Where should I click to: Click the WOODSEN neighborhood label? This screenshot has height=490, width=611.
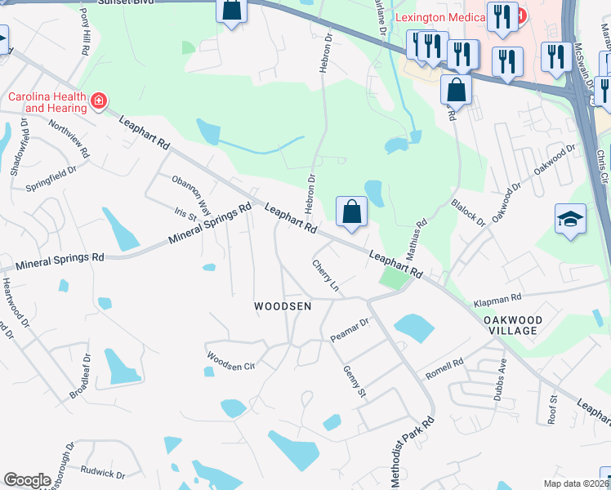pos(283,306)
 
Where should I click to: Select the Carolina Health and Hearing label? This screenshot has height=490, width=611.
pos(47,102)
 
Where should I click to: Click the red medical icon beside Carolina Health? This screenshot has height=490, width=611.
pos(99,101)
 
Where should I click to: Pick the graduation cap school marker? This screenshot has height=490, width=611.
pos(570,220)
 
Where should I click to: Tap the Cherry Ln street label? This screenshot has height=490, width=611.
pos(325,275)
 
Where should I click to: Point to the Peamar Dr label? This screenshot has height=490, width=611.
pos(350,330)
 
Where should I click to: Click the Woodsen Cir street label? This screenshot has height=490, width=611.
pos(230,361)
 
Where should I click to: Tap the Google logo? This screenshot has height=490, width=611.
pos(27,479)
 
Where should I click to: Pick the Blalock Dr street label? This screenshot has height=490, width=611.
pos(468,213)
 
